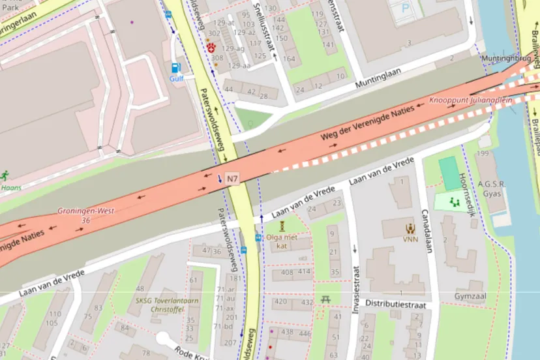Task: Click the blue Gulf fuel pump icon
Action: tap(175, 67)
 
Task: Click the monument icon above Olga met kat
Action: tap(282, 226)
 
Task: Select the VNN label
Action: tap(411, 239)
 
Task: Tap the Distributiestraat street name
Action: tap(395, 305)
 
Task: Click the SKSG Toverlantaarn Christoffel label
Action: tap(166, 306)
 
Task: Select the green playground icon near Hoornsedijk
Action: tap(455, 203)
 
